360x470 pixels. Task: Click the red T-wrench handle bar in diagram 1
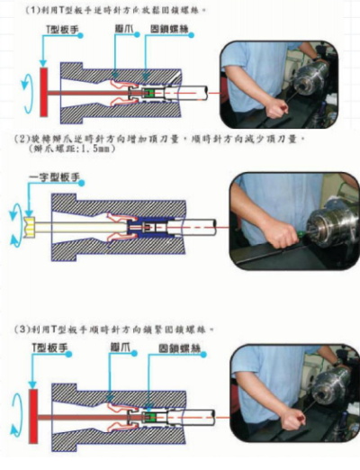pos(41,90)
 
